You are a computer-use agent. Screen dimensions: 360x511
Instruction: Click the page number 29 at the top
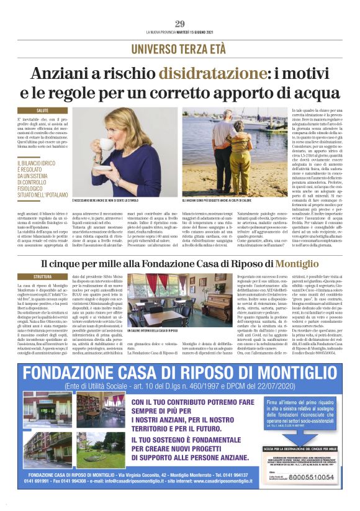point(180,24)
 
